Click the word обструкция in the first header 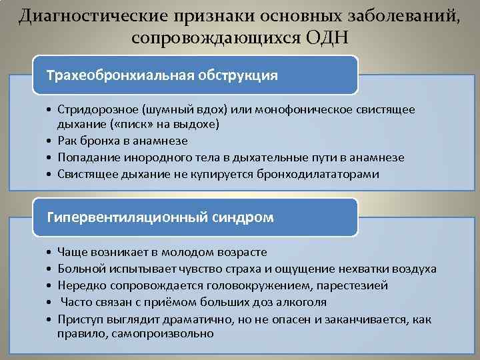tap(238, 74)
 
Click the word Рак tap(67, 141)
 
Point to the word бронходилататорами tap(316, 174)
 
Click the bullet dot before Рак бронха tap(50, 141)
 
